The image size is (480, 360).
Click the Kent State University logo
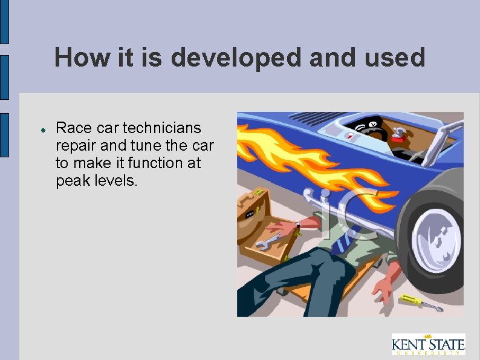click(427, 344)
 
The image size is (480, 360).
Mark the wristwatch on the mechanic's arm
click(297, 228)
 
